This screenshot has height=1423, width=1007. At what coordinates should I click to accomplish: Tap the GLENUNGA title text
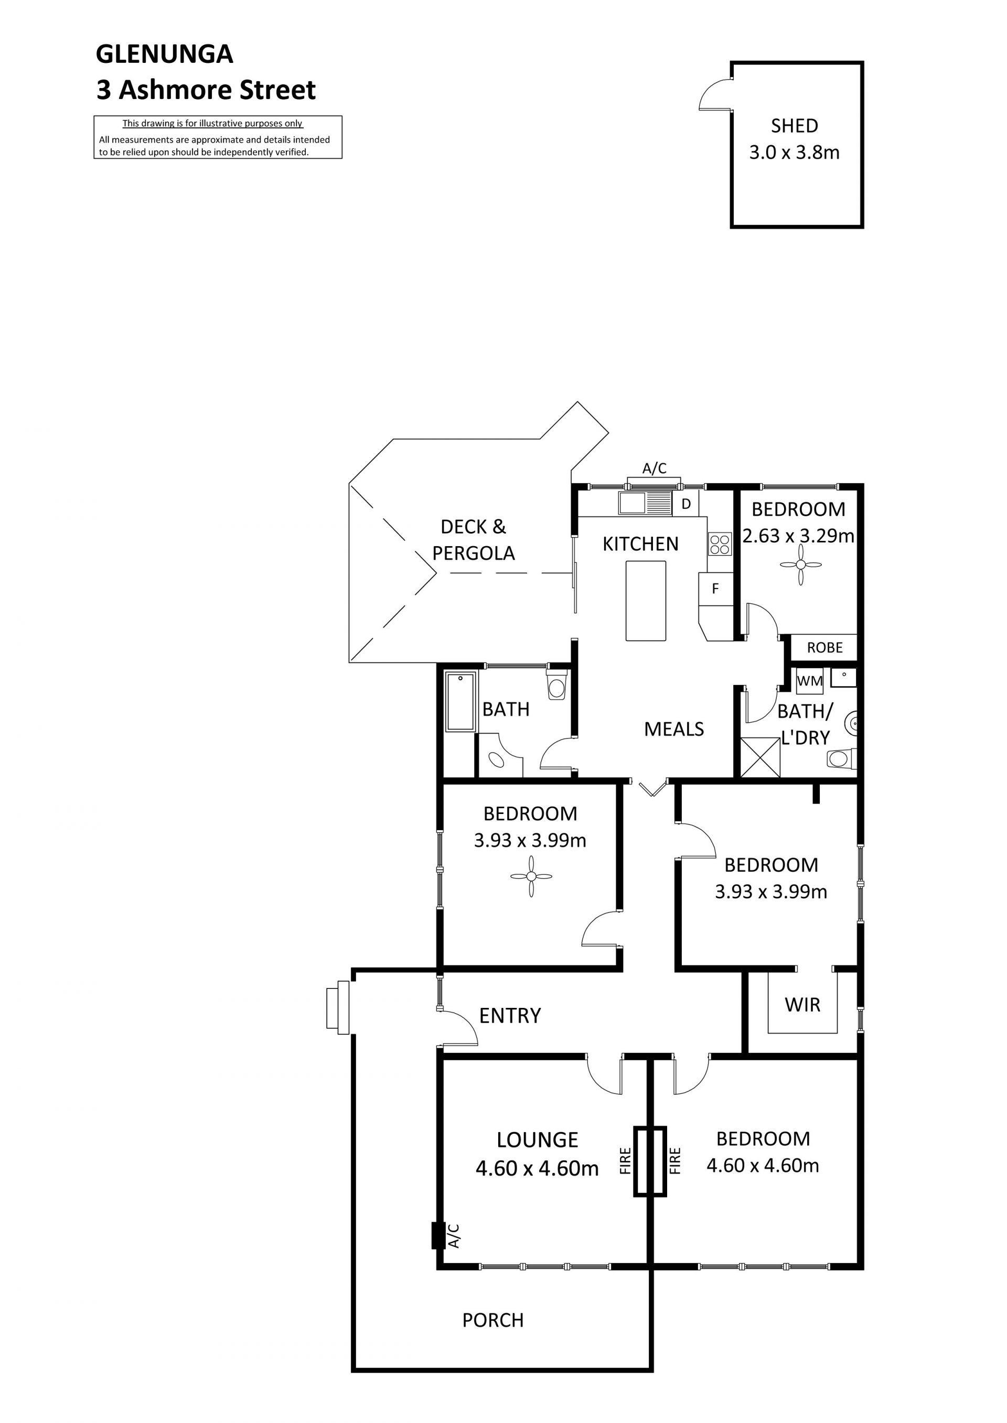(x=164, y=54)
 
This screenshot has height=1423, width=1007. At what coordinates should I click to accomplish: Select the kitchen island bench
(x=646, y=601)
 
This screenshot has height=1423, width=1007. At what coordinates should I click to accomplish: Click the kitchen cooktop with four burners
(x=720, y=544)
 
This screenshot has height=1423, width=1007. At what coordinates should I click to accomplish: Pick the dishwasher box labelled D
(x=686, y=504)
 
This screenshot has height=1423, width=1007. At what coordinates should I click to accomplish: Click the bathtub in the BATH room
(x=460, y=702)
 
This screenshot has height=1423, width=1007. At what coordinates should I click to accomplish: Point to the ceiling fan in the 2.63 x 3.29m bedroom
(x=800, y=564)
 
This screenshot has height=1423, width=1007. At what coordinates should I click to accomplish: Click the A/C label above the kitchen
(x=654, y=469)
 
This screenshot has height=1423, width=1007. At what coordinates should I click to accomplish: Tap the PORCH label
(x=493, y=1320)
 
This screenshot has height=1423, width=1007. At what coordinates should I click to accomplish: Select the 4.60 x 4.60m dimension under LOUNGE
(x=537, y=1168)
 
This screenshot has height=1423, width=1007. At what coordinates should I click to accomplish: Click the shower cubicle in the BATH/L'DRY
(x=761, y=757)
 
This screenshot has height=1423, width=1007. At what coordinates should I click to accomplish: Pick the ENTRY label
(x=510, y=1015)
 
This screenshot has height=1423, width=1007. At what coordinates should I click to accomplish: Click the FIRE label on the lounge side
(x=625, y=1161)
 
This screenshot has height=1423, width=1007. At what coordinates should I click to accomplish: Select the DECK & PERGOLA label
(x=474, y=540)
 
